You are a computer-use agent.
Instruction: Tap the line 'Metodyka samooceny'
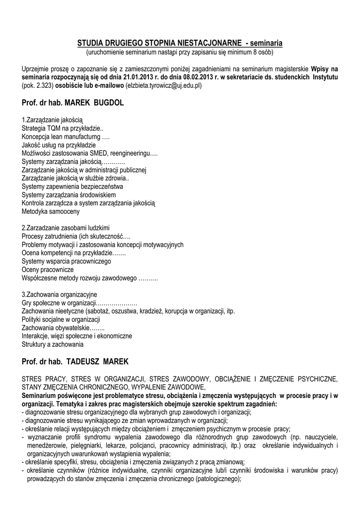tap(51, 211)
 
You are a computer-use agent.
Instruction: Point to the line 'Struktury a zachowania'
tap(53, 344)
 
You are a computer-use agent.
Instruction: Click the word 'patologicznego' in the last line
tap(217, 479)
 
